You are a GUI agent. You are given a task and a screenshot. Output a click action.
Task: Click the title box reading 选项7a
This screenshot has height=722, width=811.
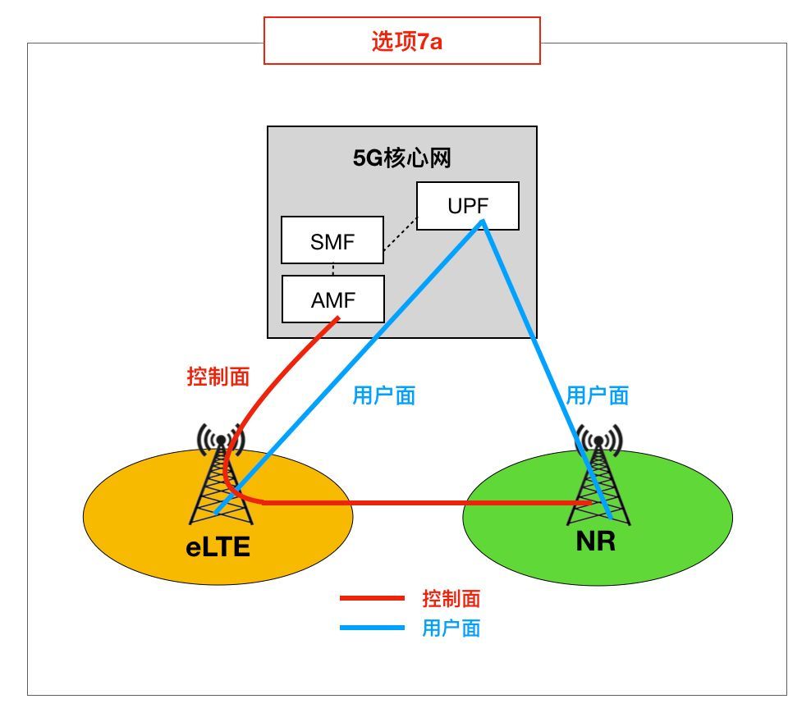pyautogui.click(x=402, y=40)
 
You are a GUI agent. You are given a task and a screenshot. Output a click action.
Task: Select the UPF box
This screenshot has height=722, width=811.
pyautogui.click(x=468, y=206)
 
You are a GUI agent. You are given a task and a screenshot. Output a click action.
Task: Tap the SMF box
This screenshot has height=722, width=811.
pyautogui.click(x=332, y=240)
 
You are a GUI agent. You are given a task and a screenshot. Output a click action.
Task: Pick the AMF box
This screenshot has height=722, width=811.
pyautogui.click(x=333, y=299)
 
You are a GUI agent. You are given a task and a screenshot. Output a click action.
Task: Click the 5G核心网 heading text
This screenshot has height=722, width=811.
pyautogui.click(x=402, y=158)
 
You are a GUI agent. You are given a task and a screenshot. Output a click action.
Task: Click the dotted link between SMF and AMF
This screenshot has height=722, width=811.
pyautogui.click(x=333, y=269)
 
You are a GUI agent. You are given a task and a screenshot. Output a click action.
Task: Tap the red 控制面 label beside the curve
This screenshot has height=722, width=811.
pyautogui.click(x=218, y=377)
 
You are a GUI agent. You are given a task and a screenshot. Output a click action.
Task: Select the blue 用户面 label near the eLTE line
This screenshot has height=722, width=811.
pyautogui.click(x=384, y=396)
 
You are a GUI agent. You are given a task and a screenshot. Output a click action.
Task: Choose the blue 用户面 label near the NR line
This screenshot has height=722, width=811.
pyautogui.click(x=598, y=396)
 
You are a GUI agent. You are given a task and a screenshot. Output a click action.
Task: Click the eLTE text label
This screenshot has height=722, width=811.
pyautogui.click(x=218, y=546)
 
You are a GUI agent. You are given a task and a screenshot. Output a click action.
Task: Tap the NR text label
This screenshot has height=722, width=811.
pyautogui.click(x=596, y=541)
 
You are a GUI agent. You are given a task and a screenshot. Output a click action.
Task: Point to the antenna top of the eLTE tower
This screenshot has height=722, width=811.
pyautogui.click(x=221, y=440)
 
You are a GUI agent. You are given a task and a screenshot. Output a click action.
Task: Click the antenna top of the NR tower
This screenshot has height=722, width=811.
pyautogui.click(x=598, y=441)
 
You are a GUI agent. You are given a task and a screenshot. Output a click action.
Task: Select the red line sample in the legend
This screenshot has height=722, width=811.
pyautogui.click(x=372, y=598)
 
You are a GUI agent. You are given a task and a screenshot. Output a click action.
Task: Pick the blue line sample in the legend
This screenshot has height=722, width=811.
pyautogui.click(x=372, y=628)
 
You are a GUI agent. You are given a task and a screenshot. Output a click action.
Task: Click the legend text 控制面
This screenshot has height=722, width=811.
pyautogui.click(x=451, y=598)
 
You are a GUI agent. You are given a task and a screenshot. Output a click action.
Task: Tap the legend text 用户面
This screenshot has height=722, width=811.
pyautogui.click(x=451, y=628)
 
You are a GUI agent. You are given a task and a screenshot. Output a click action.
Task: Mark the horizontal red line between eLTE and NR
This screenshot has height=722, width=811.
pyautogui.click(x=427, y=502)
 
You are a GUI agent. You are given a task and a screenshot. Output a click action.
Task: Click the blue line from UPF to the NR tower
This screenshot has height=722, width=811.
pyautogui.click(x=546, y=369)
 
